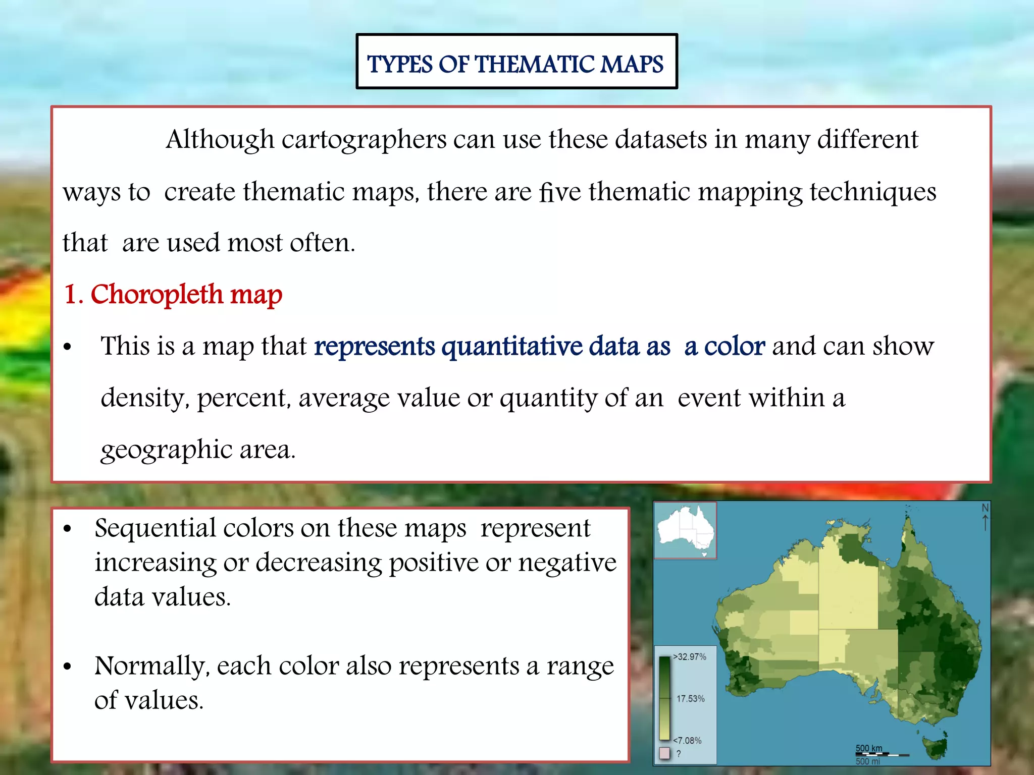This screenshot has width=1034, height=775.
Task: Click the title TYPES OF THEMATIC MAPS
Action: [x=515, y=64]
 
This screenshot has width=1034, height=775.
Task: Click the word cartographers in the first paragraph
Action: [x=364, y=139]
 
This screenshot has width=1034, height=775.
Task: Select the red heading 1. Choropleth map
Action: [x=173, y=294]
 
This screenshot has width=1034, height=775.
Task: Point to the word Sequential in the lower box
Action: [x=155, y=528]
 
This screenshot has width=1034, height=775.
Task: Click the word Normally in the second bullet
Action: [x=151, y=666]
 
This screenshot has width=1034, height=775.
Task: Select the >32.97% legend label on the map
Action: [x=690, y=657]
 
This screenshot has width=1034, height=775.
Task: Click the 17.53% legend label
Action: [x=690, y=699]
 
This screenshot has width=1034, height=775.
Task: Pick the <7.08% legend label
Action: [x=688, y=741]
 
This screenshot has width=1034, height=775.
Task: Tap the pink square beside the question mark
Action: [x=664, y=753]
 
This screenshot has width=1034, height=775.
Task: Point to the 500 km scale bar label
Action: [x=869, y=748]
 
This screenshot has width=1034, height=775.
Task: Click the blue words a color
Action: [x=724, y=347]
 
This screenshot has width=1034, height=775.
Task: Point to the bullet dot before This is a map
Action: [x=68, y=348]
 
